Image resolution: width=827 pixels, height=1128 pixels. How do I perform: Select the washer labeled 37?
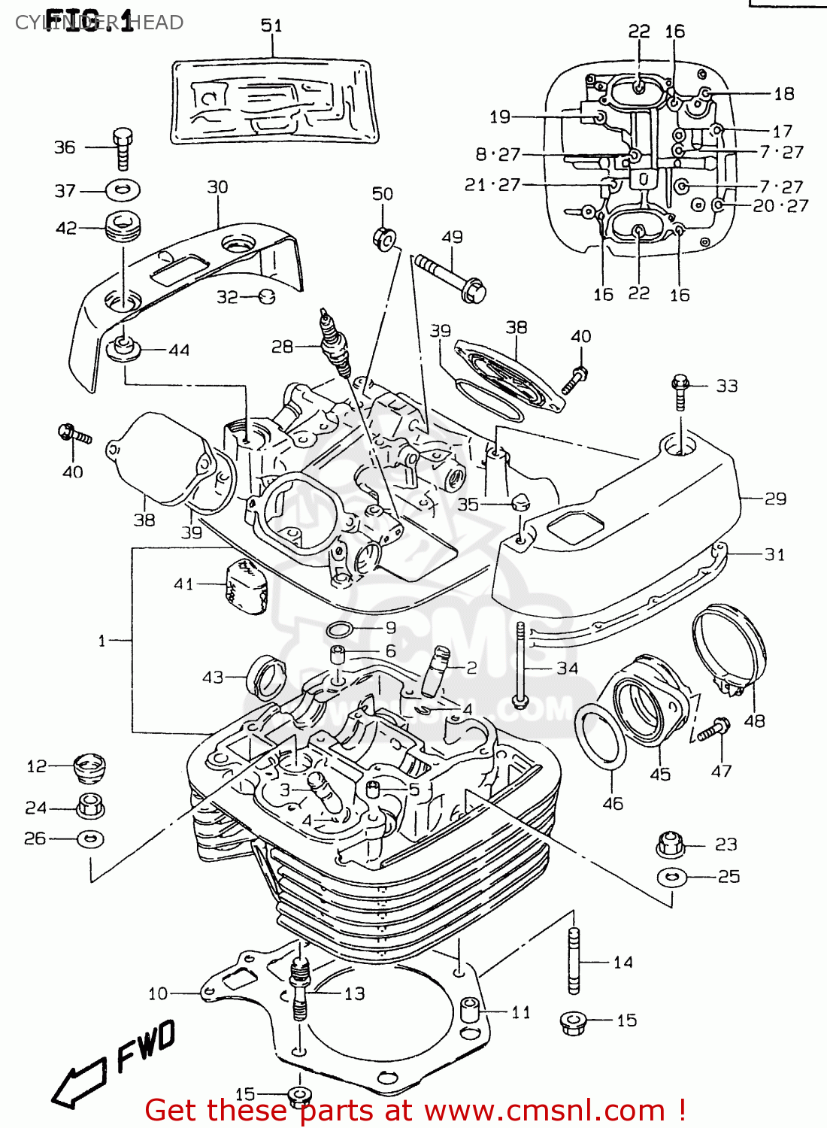click(123, 190)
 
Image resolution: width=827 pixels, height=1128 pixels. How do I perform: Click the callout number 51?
click(271, 26)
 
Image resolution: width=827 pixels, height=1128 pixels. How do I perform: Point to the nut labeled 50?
click(384, 238)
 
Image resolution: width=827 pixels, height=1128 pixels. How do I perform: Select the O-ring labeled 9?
click(341, 629)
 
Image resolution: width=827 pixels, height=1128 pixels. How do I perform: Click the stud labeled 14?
click(574, 960)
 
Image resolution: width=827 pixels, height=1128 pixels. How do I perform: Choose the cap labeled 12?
click(89, 769)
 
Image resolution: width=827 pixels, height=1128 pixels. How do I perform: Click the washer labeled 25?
click(671, 877)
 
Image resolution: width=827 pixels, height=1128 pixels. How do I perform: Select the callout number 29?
click(775, 499)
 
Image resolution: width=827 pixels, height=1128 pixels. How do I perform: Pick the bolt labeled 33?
click(680, 392)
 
